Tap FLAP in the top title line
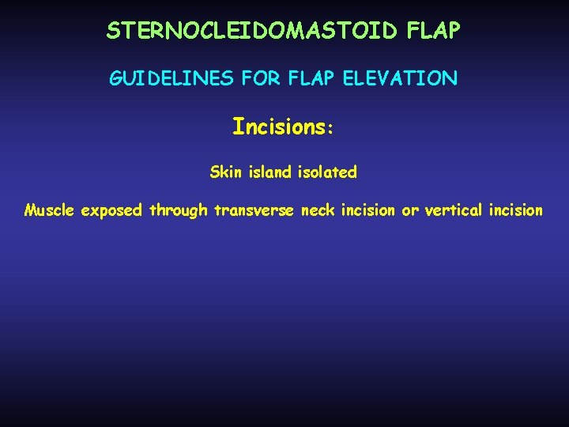(433, 31)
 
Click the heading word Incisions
(277, 127)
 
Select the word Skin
(226, 172)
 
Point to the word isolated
(328, 172)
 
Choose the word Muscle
(50, 210)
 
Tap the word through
(180, 211)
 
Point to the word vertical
(454, 210)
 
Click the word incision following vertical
(516, 210)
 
